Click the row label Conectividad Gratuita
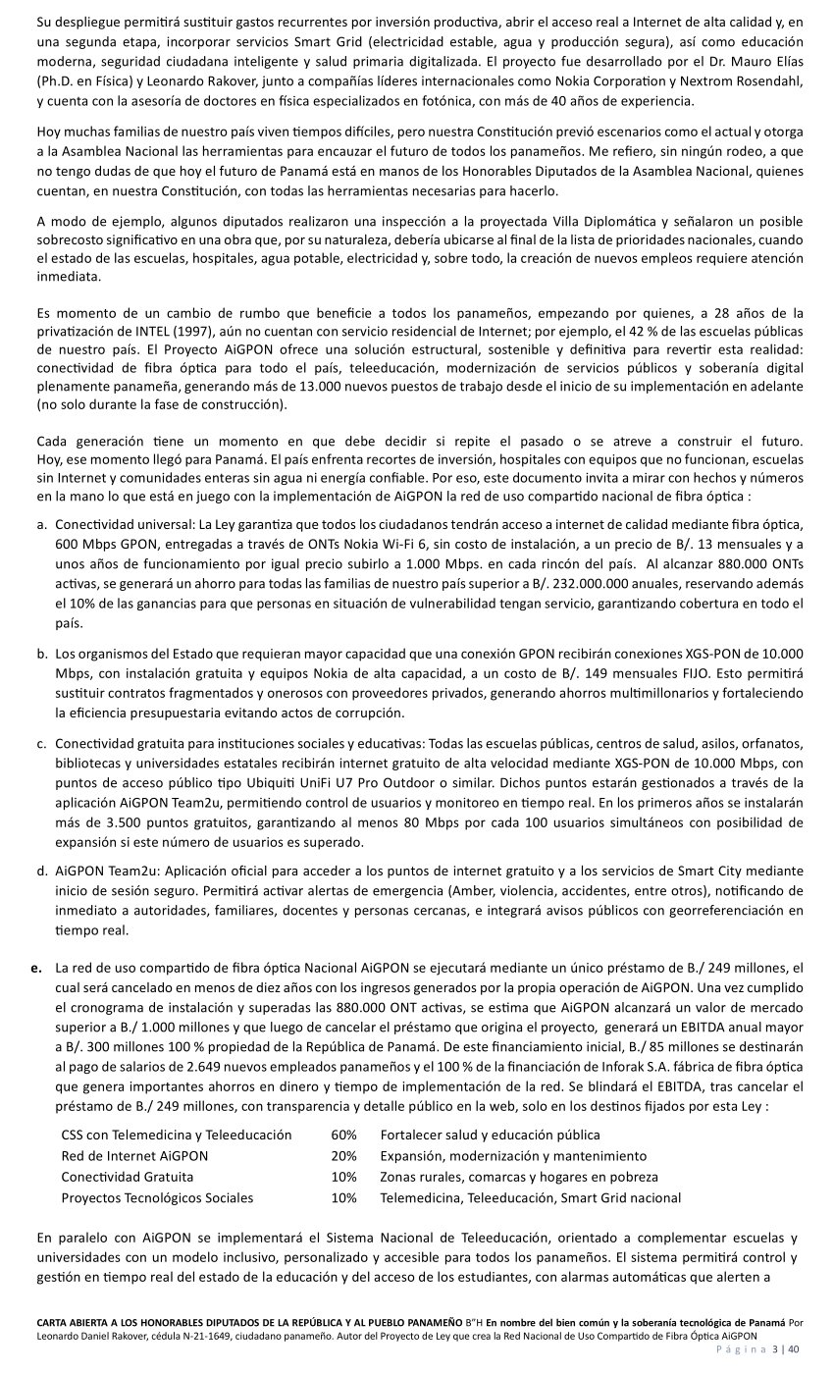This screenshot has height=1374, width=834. point(128,1177)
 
